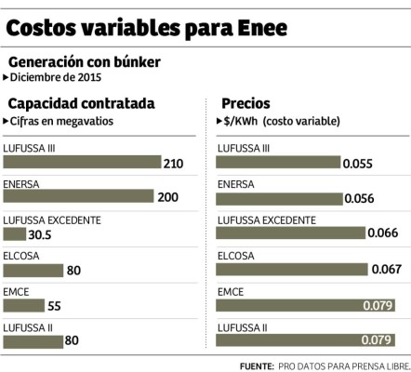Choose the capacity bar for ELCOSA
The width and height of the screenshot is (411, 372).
coord(34,270)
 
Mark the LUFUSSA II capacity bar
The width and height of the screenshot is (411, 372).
coord(34,340)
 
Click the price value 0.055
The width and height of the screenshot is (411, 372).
coord(357,163)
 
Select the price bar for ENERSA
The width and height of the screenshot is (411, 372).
coord(280,196)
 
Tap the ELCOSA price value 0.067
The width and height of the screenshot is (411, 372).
coord(387,270)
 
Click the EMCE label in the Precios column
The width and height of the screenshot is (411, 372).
coord(231,291)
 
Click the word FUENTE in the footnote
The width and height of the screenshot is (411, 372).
coord(256,365)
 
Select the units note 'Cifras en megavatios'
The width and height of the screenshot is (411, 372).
coord(58,120)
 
